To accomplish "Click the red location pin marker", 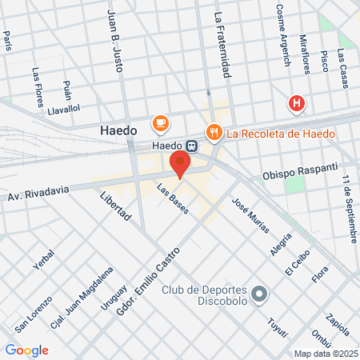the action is pos(181,165).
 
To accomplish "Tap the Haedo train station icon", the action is pos(192,146).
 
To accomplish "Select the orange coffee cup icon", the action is pos(161,123).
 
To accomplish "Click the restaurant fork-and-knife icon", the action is pos(213,132).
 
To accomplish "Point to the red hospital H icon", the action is pos(297,103).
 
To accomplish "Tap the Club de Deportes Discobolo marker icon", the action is pos(258,295).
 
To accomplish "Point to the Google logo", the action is pos(27,350).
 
